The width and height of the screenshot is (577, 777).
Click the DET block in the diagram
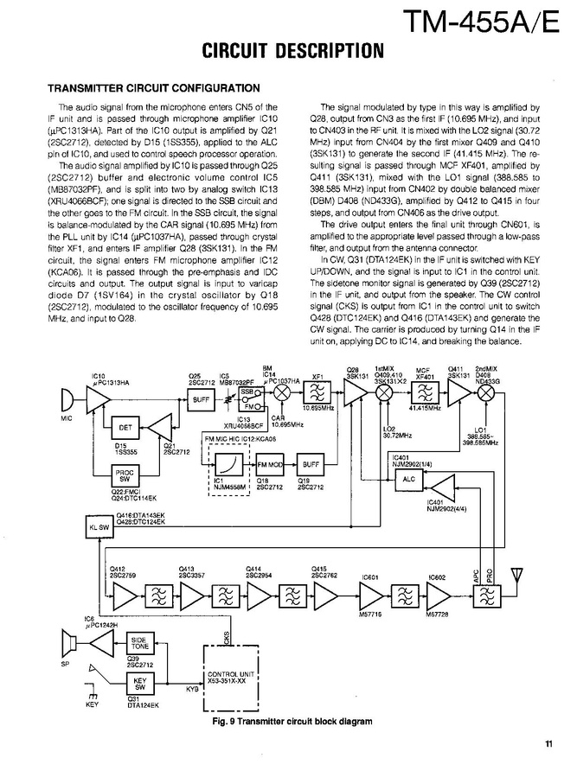click(125, 427)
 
